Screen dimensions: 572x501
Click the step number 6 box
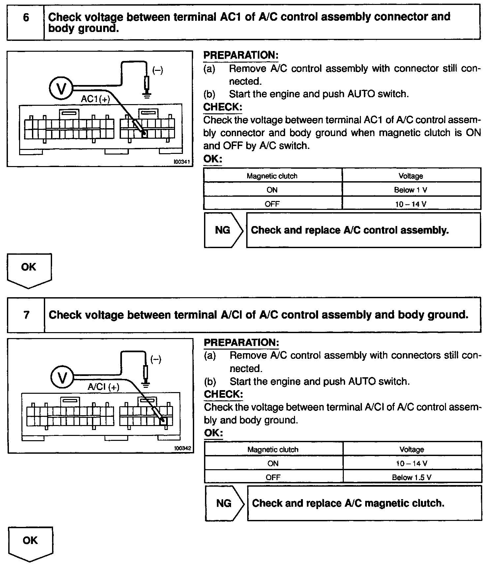[x=26, y=22]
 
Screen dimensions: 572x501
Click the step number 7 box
[x=26, y=315]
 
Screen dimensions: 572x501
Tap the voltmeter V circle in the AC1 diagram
[x=61, y=88]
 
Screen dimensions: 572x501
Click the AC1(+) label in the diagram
[x=96, y=99]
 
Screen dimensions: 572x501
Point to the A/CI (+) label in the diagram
[x=103, y=387]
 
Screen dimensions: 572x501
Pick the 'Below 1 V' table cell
[x=411, y=190]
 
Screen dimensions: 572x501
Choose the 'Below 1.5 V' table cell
[x=412, y=477]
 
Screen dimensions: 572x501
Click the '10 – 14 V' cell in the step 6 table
[x=411, y=204]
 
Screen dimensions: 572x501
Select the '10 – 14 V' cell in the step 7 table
[x=412, y=463]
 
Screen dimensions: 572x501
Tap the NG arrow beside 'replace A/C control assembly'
[x=223, y=230]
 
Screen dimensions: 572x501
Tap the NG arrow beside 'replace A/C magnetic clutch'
[x=224, y=503]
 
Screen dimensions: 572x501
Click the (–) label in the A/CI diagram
[x=156, y=359]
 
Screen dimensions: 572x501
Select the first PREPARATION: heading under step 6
[x=241, y=55]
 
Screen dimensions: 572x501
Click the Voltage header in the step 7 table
[x=412, y=449]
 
